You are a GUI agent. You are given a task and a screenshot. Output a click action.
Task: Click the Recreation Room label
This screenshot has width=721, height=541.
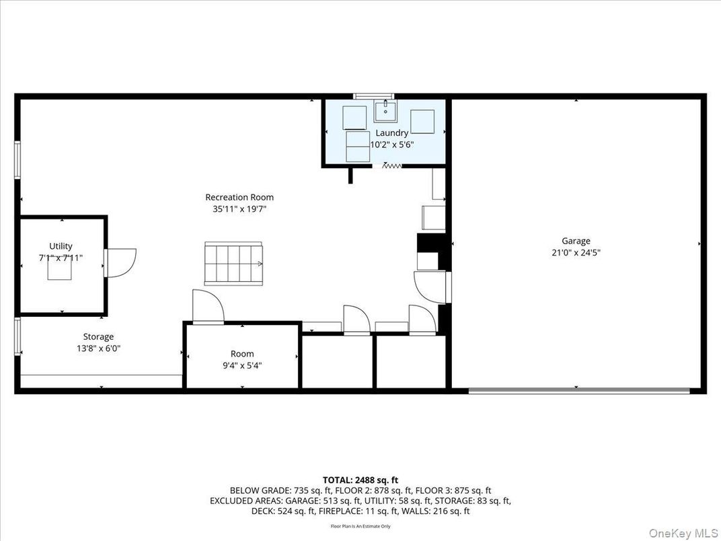point(239,197)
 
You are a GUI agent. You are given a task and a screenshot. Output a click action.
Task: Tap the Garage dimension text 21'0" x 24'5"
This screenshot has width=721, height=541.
point(576,253)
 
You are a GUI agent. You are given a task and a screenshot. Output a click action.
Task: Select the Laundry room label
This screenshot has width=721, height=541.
point(391,133)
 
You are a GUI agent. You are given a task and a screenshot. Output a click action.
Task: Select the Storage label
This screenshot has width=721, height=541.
point(98,336)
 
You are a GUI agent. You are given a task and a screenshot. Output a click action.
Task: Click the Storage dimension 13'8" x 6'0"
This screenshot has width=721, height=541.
point(98,348)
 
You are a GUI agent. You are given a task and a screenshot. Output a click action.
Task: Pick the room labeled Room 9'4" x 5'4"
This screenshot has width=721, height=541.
point(242,359)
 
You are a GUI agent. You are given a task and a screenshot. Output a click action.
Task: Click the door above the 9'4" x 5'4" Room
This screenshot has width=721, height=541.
point(208,308)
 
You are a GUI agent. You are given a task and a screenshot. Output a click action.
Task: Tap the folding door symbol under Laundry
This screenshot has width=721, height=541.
point(391,165)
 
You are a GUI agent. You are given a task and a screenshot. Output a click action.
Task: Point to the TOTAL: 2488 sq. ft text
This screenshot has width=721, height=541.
point(360,480)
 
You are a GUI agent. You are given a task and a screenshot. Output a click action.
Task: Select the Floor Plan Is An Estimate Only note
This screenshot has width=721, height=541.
point(360,526)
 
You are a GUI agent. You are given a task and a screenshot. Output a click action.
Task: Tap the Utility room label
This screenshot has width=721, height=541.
point(61,246)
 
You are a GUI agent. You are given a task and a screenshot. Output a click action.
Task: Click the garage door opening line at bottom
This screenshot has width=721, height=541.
point(578,390)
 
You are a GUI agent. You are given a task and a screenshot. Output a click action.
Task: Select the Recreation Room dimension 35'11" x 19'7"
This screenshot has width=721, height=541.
point(239,209)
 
